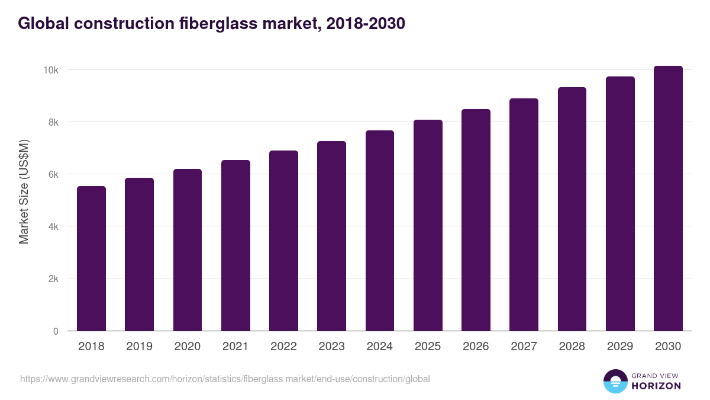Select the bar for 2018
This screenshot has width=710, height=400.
pyautogui.click(x=92, y=258)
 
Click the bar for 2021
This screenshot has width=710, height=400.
pyautogui.click(x=235, y=245)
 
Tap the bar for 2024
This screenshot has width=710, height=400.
pyautogui.click(x=380, y=231)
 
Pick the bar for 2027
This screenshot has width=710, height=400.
pyautogui.click(x=524, y=215)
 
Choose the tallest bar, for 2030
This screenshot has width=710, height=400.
pyautogui.click(x=668, y=199)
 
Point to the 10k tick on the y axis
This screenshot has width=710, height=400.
pyautogui.click(x=50, y=70)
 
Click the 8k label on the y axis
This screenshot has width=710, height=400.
pyautogui.click(x=53, y=122)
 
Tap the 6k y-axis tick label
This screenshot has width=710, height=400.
pyautogui.click(x=53, y=174)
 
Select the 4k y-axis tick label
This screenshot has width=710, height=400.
pyautogui.click(x=53, y=226)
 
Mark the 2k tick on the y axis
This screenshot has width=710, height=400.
pyautogui.click(x=53, y=279)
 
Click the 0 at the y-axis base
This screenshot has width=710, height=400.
pyautogui.click(x=56, y=331)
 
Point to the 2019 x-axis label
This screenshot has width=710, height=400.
pyautogui.click(x=139, y=347)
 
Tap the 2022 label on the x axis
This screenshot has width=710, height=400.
pyautogui.click(x=283, y=347)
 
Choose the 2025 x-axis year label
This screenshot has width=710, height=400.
pyautogui.click(x=428, y=347)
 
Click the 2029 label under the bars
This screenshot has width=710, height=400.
pyautogui.click(x=620, y=347)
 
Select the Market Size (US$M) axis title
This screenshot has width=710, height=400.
pyautogui.click(x=24, y=191)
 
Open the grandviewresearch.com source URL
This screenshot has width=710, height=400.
pyautogui.click(x=225, y=379)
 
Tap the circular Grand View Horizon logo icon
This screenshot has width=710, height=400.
pyautogui.click(x=615, y=381)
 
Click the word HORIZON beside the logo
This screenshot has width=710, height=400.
pyautogui.click(x=656, y=386)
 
